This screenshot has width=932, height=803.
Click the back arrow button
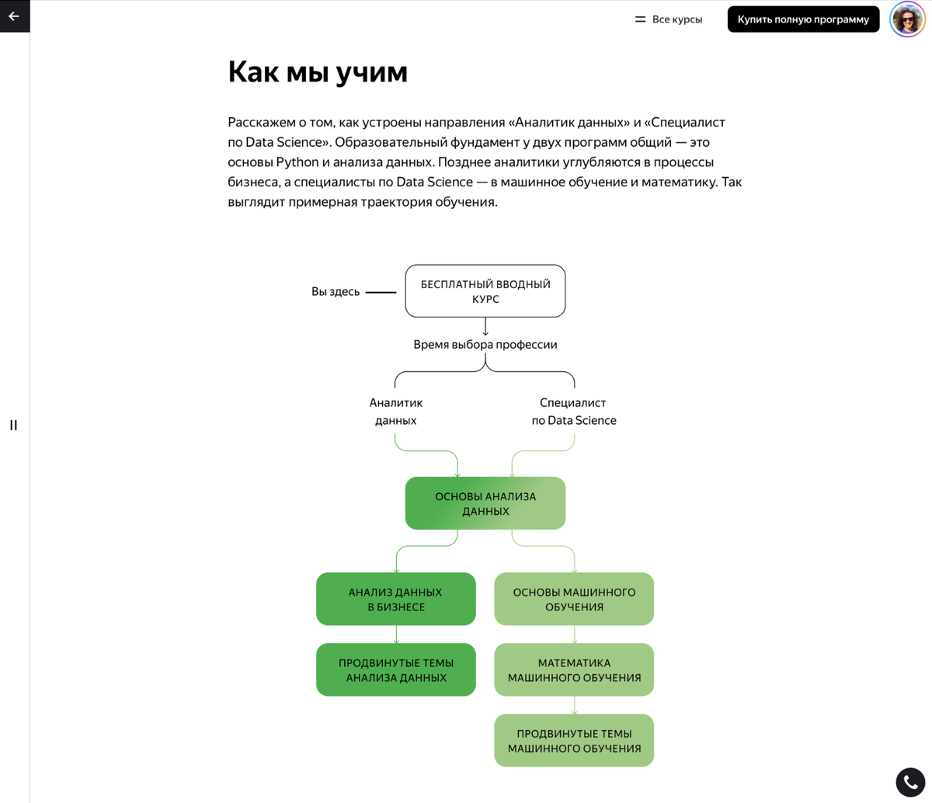pyautogui.click(x=14, y=16)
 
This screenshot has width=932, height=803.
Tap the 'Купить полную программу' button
pyautogui.click(x=803, y=19)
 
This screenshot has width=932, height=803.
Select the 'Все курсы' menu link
pyautogui.click(x=669, y=19)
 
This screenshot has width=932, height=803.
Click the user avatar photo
pyautogui.click(x=907, y=19)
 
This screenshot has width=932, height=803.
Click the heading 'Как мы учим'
pyautogui.click(x=318, y=71)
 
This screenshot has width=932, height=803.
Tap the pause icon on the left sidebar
pyautogui.click(x=13, y=425)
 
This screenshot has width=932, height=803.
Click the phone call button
pyautogui.click(x=910, y=782)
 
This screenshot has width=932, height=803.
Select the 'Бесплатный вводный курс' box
pyautogui.click(x=485, y=291)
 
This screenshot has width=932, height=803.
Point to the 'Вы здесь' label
pyautogui.click(x=336, y=292)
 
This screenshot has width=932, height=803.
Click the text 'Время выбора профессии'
pyautogui.click(x=485, y=344)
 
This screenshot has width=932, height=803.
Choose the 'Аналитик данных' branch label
pyautogui.click(x=396, y=412)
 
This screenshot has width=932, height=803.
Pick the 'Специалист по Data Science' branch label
pyautogui.click(x=574, y=412)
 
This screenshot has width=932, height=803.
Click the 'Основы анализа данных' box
pyautogui.click(x=485, y=503)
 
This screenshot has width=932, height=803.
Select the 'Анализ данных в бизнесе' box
pyautogui.click(x=396, y=599)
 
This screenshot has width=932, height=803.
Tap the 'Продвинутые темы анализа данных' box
pyautogui.click(x=396, y=669)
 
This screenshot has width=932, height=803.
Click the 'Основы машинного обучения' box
pyautogui.click(x=574, y=599)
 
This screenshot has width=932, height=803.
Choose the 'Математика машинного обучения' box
pyautogui.click(x=574, y=669)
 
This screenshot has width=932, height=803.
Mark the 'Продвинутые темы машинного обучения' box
pyautogui.click(x=574, y=740)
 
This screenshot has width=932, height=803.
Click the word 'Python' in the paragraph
pyautogui.click(x=297, y=162)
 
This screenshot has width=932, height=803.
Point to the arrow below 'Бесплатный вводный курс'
pyautogui.click(x=485, y=327)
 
